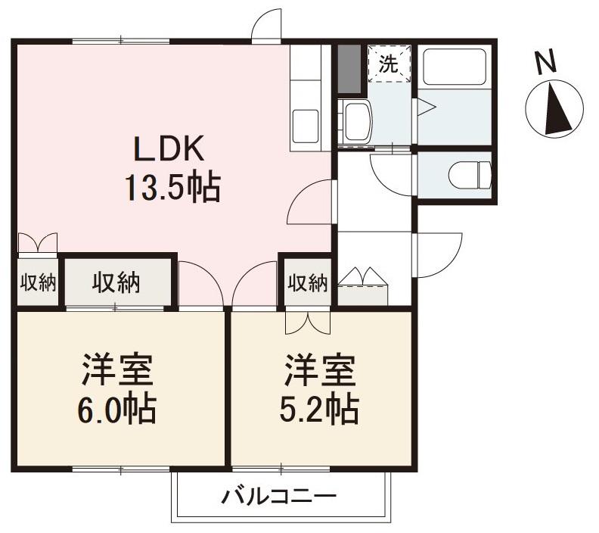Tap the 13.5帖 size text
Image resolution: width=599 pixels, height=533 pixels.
(x=172, y=187)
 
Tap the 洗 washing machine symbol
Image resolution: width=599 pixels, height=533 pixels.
(x=388, y=64)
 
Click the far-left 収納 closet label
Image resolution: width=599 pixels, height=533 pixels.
(x=37, y=283)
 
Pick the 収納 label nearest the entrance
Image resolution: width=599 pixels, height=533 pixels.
(x=307, y=283)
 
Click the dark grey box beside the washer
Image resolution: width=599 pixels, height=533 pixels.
(x=348, y=70)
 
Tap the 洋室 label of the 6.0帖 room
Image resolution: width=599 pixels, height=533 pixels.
(x=118, y=371)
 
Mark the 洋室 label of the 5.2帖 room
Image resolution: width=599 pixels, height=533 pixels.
(x=321, y=371)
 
